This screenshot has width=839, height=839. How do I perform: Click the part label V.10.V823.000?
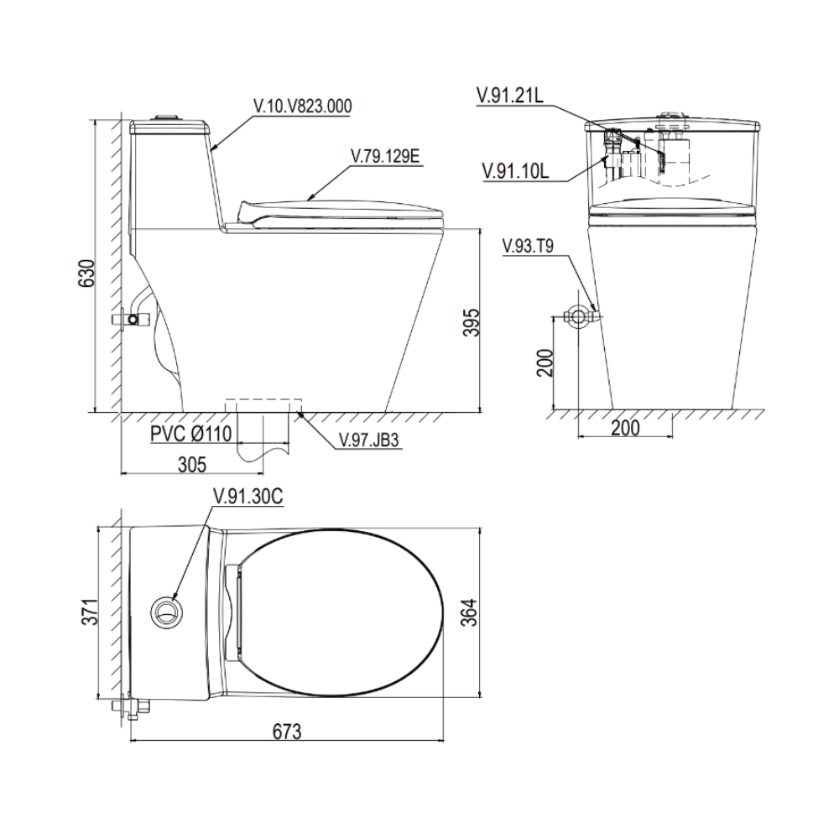click(303, 106)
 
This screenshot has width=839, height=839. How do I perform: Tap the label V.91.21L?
click(510, 96)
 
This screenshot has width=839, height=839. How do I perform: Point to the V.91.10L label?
click(515, 171)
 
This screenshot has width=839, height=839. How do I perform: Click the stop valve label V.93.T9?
click(528, 246)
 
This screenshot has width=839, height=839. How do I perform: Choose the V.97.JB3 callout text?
click(368, 440)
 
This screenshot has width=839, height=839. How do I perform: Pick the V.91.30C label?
click(248, 497)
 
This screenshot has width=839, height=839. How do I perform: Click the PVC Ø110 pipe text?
click(190, 434)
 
